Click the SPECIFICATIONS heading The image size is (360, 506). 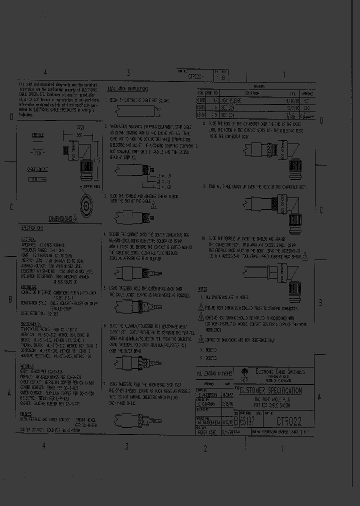(32, 227)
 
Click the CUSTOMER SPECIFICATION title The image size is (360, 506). (270, 390)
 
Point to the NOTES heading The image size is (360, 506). (202, 289)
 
